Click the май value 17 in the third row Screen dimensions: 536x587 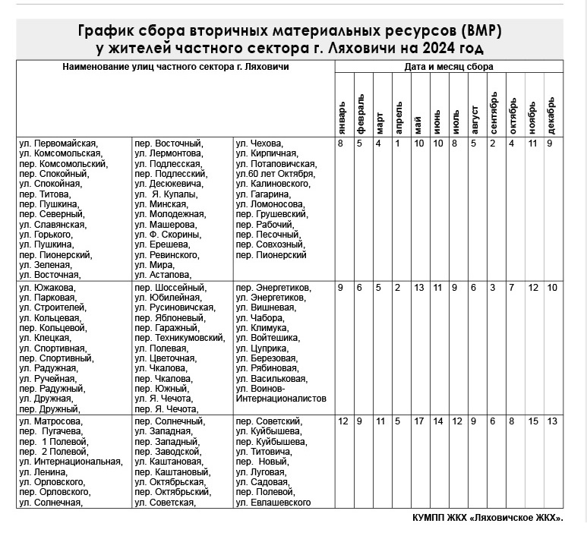tap(419, 421)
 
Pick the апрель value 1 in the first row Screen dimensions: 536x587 tap(396, 143)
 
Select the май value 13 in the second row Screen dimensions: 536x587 tap(419, 287)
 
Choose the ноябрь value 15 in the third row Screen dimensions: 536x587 tap(533, 421)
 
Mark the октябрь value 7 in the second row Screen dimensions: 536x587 tap(512, 287)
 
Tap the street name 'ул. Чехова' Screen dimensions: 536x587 tap(259, 143)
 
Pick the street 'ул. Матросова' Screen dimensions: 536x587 tap(51, 421)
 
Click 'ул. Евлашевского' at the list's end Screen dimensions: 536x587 tap(273, 503)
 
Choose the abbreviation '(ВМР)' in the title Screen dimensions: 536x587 tap(480, 32)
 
